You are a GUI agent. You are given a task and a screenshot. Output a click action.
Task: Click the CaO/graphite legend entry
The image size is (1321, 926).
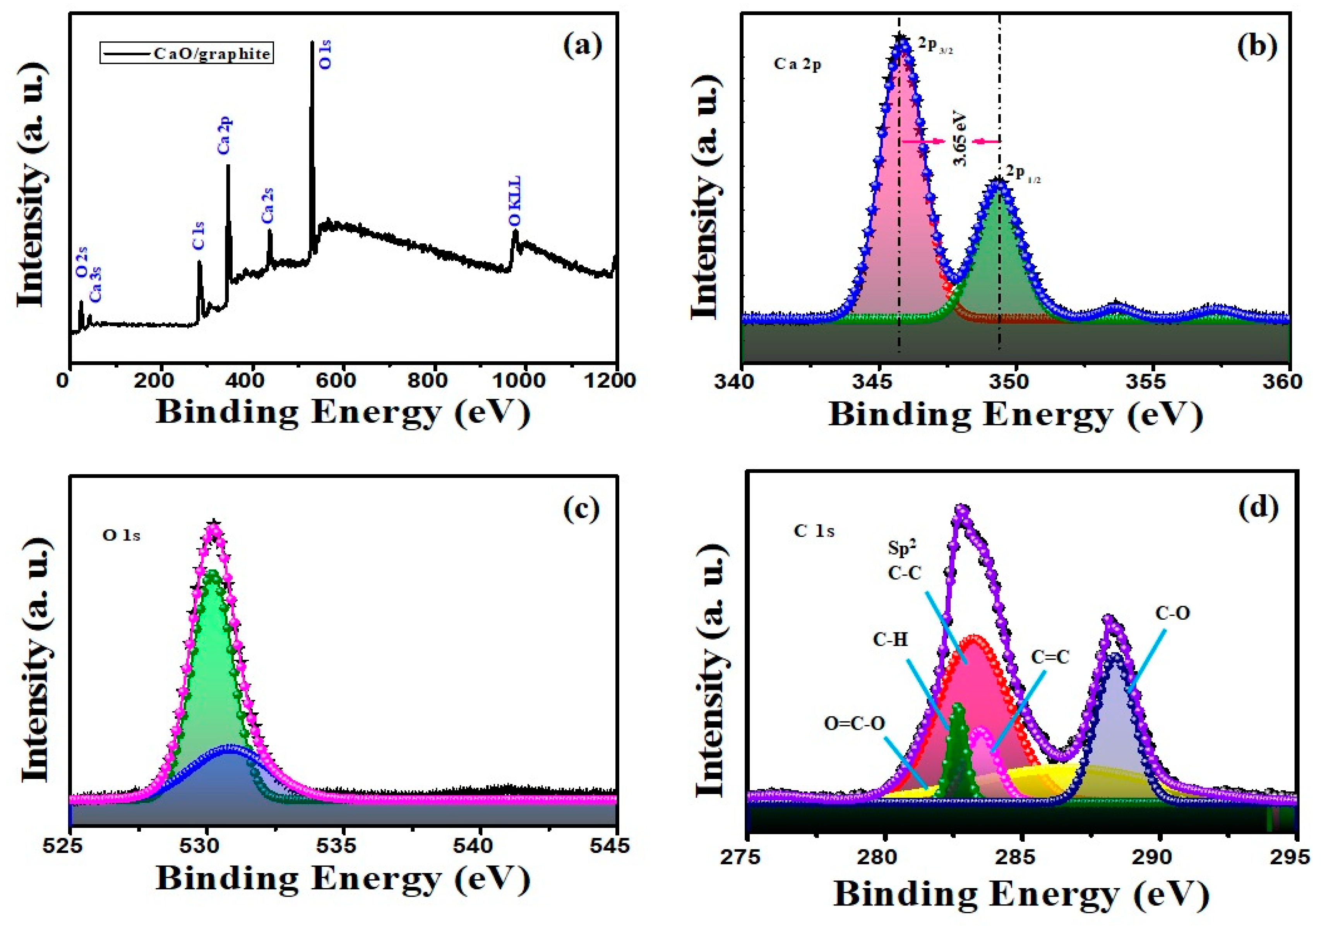coord(186,53)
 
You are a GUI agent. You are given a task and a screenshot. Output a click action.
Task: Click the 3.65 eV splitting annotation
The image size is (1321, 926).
coord(959,141)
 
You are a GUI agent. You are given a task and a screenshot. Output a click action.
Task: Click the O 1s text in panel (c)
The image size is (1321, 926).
coord(122,535)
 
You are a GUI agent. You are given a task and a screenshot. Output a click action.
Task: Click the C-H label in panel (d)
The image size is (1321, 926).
coord(891,655)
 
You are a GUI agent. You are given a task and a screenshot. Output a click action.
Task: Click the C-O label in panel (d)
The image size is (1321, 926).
coord(1172,614)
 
